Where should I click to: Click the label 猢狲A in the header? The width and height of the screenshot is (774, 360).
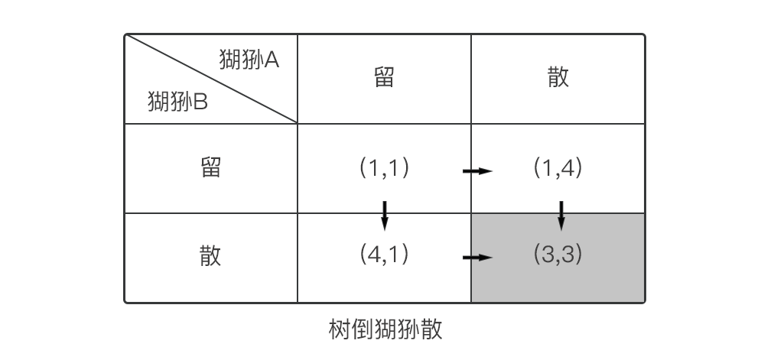pos(249,60)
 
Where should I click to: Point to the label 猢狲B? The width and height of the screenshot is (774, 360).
pos(177,101)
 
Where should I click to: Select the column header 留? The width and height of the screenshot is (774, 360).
pos(384,77)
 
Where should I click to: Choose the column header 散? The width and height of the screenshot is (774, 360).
pos(558,77)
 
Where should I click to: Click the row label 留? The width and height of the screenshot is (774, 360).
pos(210,168)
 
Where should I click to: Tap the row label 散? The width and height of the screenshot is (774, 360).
pos(210,255)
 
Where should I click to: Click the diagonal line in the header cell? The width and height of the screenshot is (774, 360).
pos(211,78)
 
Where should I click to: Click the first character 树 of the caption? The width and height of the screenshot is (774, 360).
pos(339,330)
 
